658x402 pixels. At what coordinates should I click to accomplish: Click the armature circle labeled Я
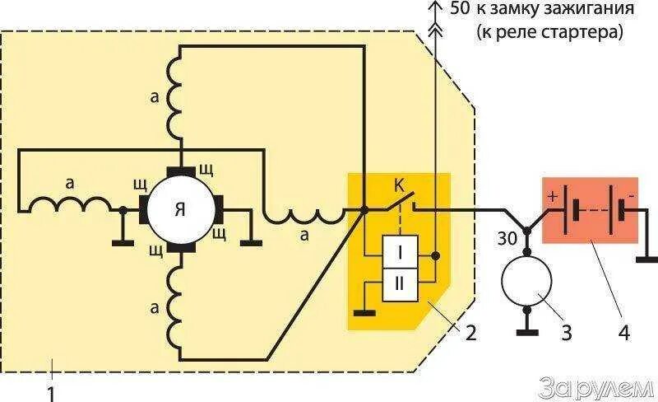click(180, 209)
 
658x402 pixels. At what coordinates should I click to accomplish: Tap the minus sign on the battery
click(631, 195)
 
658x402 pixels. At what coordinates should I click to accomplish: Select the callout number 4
click(624, 334)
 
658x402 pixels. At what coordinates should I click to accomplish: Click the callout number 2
click(469, 334)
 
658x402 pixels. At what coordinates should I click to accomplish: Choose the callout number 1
click(51, 392)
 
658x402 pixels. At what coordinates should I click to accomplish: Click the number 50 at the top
click(461, 11)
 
